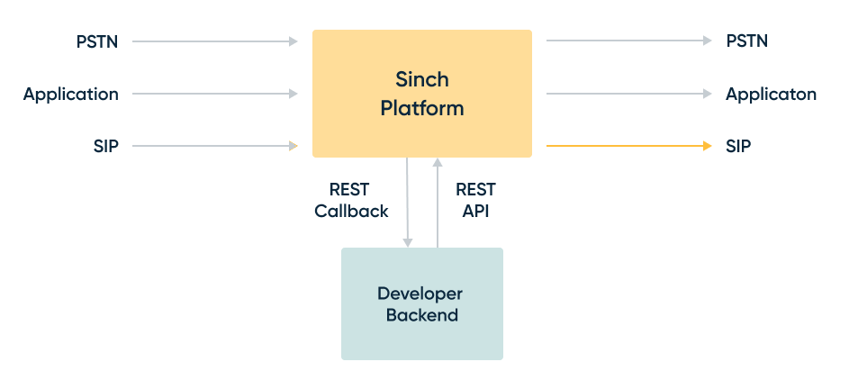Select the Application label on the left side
[71, 95]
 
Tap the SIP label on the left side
[105, 146]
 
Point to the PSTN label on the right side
[746, 41]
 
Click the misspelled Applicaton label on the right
[771, 95]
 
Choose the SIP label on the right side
[738, 146]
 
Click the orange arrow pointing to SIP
[628, 145]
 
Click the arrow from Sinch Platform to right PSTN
[628, 41]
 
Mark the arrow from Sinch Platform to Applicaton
[628, 94]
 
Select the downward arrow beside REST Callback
[408, 203]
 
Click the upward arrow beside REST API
[438, 203]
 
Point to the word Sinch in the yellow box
[421, 78]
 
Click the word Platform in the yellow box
[421, 109]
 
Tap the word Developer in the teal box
[420, 294]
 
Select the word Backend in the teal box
[421, 316]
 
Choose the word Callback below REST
[351, 212]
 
